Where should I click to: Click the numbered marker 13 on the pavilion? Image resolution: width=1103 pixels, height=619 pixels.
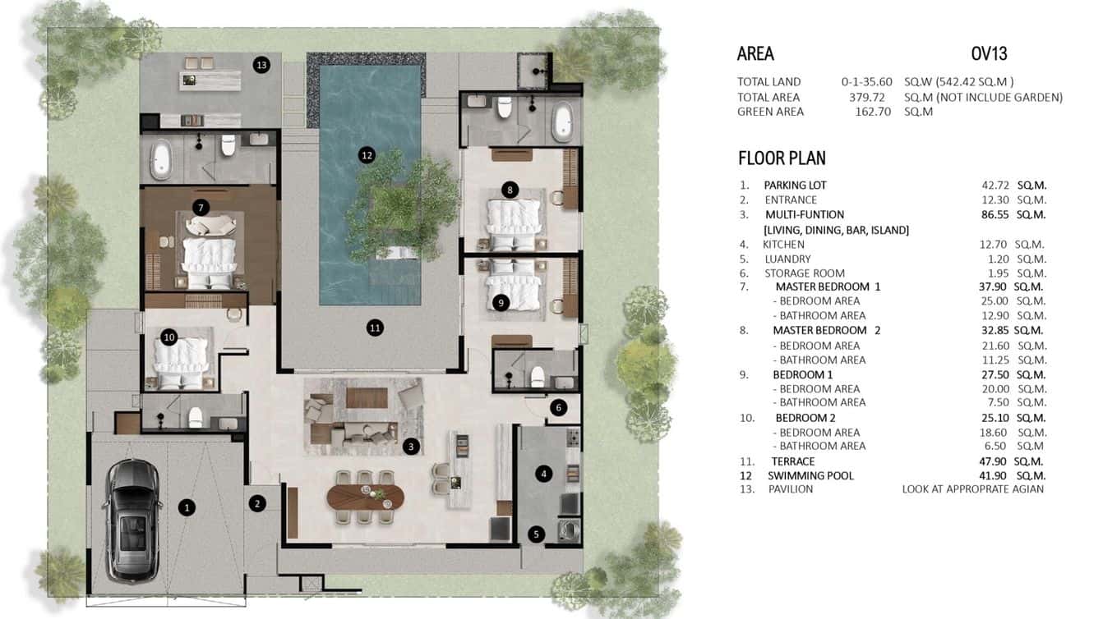[261, 65]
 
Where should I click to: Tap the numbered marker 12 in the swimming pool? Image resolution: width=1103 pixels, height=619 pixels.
[367, 154]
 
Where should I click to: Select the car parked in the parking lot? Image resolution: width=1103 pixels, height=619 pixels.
[132, 516]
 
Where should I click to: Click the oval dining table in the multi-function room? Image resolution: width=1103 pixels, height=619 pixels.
[366, 497]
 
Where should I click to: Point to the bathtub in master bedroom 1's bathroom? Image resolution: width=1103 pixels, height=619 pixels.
[160, 159]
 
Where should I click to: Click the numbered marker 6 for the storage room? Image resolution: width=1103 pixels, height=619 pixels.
[558, 407]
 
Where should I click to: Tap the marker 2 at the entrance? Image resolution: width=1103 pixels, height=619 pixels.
[257, 503]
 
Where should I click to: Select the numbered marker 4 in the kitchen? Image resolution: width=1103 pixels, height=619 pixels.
[543, 473]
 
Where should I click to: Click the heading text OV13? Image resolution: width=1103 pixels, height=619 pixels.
[989, 54]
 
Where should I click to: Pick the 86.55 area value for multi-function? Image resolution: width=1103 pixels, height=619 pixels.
[990, 214]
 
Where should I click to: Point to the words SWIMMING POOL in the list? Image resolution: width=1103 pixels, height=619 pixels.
[810, 475]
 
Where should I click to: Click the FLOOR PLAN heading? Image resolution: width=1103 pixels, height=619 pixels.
[782, 158]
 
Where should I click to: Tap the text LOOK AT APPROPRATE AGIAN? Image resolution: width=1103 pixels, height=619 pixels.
[972, 489]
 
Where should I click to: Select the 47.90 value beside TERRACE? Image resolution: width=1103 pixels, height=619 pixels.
[990, 461]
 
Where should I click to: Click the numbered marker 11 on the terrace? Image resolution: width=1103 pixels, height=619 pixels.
[375, 328]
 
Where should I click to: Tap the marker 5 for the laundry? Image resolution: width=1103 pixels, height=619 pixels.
[536, 534]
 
